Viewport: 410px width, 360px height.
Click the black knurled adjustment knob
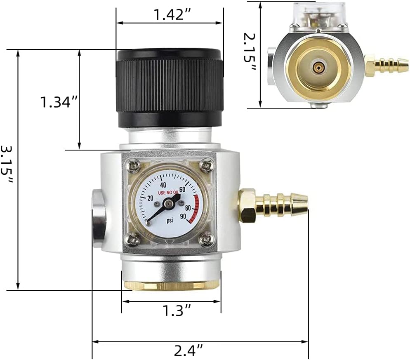click(170, 87)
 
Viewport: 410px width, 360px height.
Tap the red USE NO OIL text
click(169, 193)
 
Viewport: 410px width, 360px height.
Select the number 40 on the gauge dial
click(163, 185)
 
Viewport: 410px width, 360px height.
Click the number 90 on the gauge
click(183, 216)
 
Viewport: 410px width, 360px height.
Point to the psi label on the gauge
click(169, 220)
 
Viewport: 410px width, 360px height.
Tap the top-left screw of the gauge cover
click(133, 167)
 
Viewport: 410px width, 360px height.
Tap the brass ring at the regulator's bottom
click(171, 286)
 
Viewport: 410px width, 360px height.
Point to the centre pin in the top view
click(318, 66)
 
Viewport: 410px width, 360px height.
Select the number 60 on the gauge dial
click(182, 190)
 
